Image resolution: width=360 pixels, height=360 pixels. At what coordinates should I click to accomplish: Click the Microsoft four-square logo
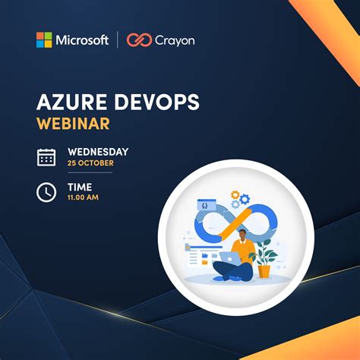pyautogui.click(x=44, y=40)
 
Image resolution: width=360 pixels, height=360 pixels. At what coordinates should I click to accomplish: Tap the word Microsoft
pyautogui.click(x=81, y=40)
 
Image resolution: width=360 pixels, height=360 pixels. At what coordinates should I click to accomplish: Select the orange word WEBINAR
pyautogui.click(x=73, y=122)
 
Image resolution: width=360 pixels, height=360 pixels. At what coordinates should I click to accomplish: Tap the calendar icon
pyautogui.click(x=46, y=157)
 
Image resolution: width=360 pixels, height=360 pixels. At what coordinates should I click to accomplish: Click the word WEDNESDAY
pyautogui.click(x=98, y=152)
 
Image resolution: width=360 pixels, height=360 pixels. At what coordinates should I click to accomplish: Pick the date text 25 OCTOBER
pyautogui.click(x=90, y=163)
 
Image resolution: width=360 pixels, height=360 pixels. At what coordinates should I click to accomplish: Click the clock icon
pyautogui.click(x=46, y=192)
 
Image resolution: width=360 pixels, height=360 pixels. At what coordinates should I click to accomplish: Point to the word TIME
pyautogui.click(x=80, y=187)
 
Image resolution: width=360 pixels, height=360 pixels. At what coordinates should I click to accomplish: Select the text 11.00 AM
pyautogui.click(x=83, y=198)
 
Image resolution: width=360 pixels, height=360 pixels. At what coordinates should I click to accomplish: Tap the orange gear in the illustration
pyautogui.click(x=235, y=195)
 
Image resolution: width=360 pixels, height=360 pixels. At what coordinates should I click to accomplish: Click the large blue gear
pyautogui.click(x=245, y=200)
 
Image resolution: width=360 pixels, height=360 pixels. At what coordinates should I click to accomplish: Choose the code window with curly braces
pyautogui.click(x=204, y=204)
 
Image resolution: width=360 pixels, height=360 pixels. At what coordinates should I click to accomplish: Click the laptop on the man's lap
pyautogui.click(x=230, y=258)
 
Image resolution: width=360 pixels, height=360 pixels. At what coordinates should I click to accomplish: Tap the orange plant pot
pyautogui.click(x=264, y=270)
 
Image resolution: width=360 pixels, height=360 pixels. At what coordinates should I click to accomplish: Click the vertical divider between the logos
pyautogui.click(x=118, y=40)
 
